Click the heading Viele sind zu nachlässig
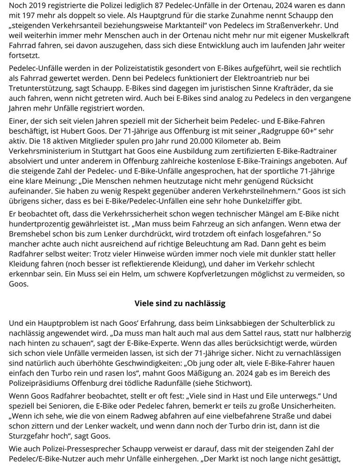[x=180, y=303]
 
